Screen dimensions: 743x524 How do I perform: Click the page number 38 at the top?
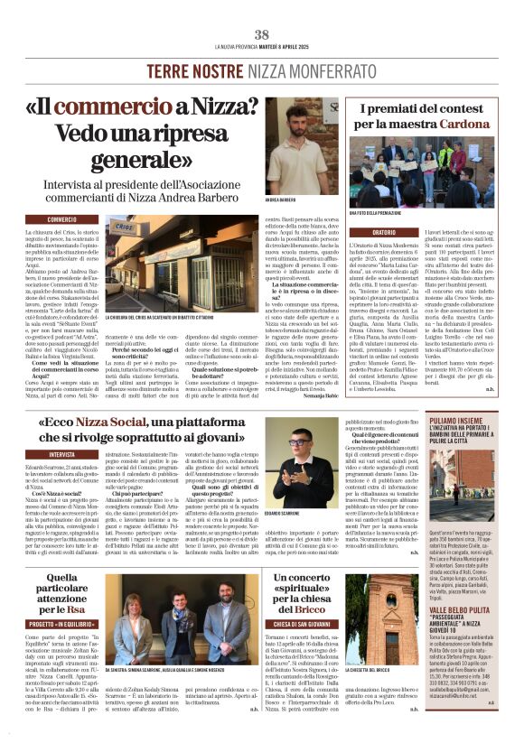coord(262,34)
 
